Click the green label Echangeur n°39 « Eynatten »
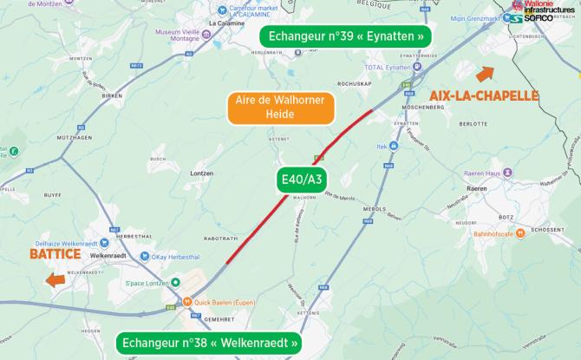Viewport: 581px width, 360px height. tap(347, 37)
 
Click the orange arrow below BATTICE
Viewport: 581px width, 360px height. tap(55, 280)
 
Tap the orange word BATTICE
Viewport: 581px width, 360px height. tap(55, 255)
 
